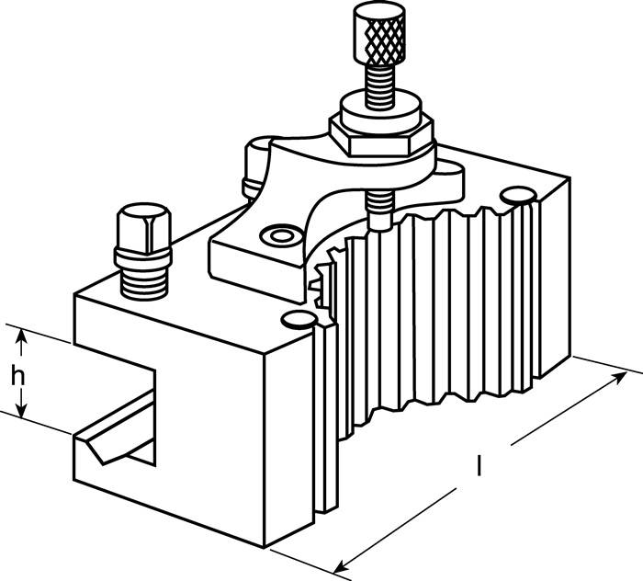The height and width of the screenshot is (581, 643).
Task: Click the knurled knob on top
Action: coord(380,33)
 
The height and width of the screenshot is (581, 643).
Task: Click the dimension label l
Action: coord(479,465)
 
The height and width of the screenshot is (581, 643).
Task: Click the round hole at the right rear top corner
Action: coord(518,195)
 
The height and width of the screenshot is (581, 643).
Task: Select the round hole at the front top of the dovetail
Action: coord(299,319)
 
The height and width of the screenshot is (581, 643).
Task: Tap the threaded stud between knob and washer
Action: coord(379,86)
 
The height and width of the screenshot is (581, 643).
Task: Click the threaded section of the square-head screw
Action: coord(144,283)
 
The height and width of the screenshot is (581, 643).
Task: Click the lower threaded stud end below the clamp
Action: coord(379,211)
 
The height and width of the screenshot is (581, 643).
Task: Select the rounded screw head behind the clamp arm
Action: coord(257,168)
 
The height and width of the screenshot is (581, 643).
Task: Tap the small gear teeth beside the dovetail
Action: coord(324,279)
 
